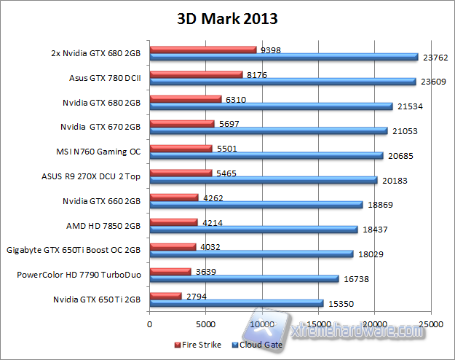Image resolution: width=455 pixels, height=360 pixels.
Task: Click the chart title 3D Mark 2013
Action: pyautogui.click(x=227, y=17)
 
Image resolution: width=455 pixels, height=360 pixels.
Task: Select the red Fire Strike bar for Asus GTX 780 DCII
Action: pyautogui.click(x=196, y=74)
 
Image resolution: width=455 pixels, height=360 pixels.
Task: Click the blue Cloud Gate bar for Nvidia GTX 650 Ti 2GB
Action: pyautogui.click(x=236, y=303)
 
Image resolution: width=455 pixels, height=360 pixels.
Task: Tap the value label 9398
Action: pyautogui.click(x=270, y=50)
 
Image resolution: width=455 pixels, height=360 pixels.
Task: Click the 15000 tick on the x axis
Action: pyautogui.click(x=318, y=323)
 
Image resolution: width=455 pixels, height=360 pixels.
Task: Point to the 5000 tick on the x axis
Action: pyautogui.click(x=206, y=323)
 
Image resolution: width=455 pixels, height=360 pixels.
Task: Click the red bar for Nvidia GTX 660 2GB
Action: pyautogui.click(x=173, y=197)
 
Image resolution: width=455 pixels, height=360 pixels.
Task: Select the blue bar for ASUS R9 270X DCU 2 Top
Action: pyautogui.click(x=263, y=180)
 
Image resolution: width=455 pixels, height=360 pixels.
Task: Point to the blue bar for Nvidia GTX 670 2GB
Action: pyautogui.click(x=268, y=131)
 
